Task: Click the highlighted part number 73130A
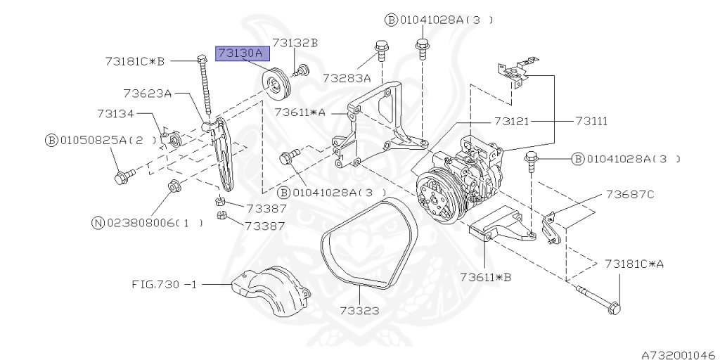pyautogui.click(x=240, y=53)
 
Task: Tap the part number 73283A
pyautogui.click(x=347, y=78)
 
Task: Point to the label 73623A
pyautogui.click(x=148, y=93)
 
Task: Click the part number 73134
pyautogui.click(x=115, y=113)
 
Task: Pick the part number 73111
pyautogui.click(x=591, y=122)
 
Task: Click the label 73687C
pyautogui.click(x=630, y=195)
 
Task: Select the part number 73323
pyautogui.click(x=359, y=310)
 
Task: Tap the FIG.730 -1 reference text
pyautogui.click(x=165, y=285)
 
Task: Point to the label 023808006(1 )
pyautogui.click(x=155, y=224)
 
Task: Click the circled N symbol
pyautogui.click(x=98, y=224)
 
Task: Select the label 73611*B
pyautogui.click(x=485, y=277)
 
